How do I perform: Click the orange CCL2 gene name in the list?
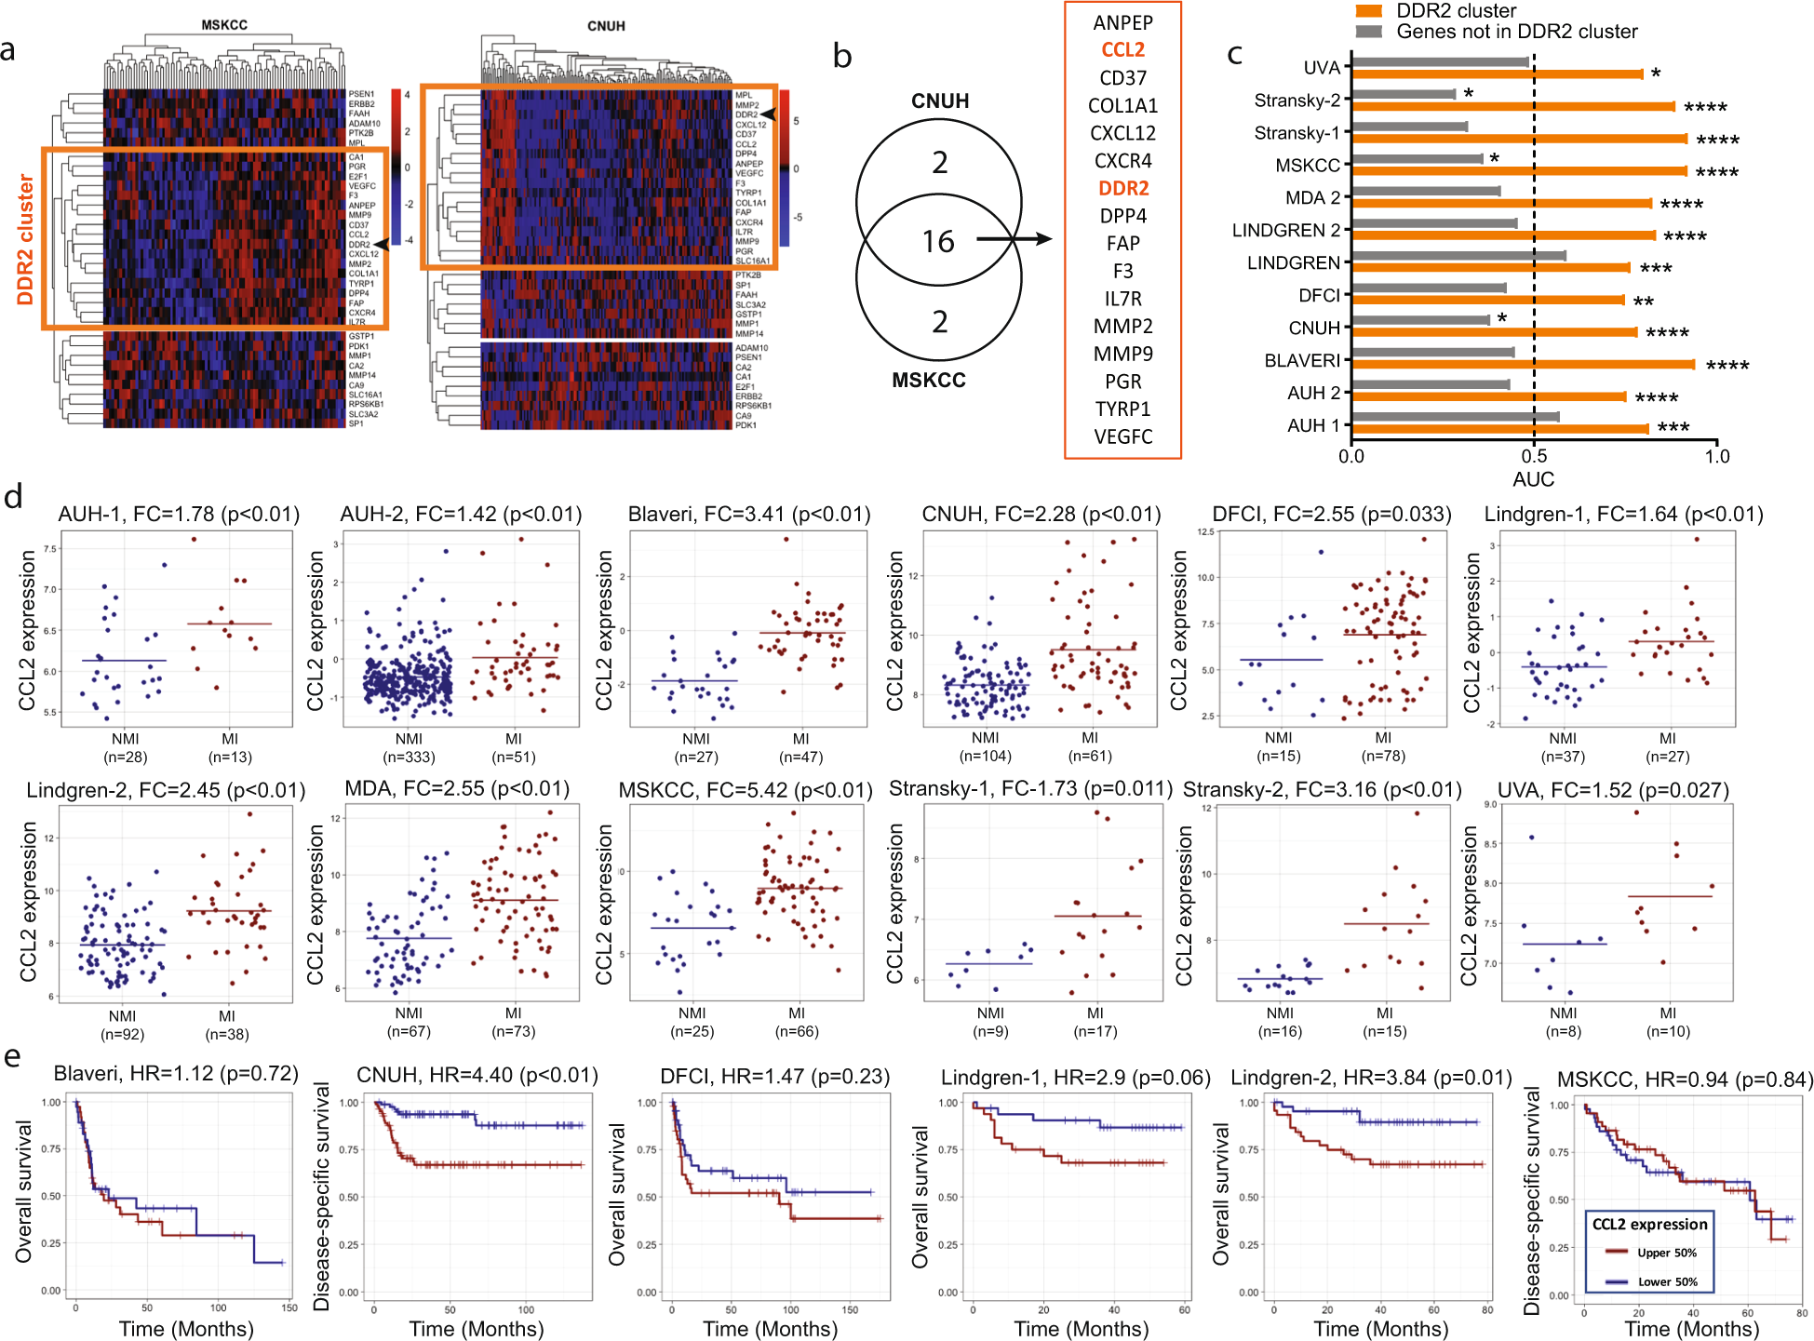(x=1122, y=50)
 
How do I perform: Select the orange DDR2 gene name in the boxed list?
(x=1123, y=188)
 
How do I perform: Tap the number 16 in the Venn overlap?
(x=938, y=242)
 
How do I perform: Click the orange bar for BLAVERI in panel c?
(x=1522, y=365)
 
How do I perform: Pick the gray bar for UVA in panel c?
(x=1439, y=62)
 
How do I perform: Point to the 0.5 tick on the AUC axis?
(x=1534, y=456)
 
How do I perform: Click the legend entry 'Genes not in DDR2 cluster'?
(x=1516, y=32)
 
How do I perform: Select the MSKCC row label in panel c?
(x=1307, y=166)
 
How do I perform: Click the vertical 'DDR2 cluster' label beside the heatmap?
(x=25, y=239)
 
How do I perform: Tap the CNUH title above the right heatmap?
(x=606, y=26)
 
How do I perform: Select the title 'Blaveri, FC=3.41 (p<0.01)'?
(x=748, y=515)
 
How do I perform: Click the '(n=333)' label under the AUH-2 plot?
(x=409, y=757)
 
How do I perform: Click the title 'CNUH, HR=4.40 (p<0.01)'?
(x=477, y=1075)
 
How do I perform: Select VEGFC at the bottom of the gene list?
(x=1122, y=436)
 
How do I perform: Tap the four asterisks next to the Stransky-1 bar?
(x=1717, y=141)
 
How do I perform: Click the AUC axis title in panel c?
(x=1533, y=479)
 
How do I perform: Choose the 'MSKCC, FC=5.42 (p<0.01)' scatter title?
(x=745, y=790)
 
